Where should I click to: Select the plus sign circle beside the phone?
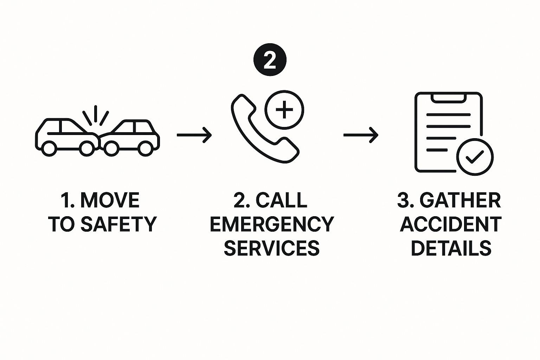click(284, 110)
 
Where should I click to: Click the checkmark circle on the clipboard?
click(475, 157)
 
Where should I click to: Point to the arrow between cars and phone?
click(194, 135)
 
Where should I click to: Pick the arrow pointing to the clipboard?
click(361, 135)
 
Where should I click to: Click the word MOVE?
click(110, 200)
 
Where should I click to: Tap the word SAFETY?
click(118, 224)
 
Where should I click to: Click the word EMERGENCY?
click(271, 224)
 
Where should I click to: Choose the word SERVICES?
click(271, 248)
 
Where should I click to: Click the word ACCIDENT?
click(451, 224)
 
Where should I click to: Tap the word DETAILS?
click(451, 248)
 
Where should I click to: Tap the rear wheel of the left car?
click(49, 148)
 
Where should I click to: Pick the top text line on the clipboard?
click(448, 115)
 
